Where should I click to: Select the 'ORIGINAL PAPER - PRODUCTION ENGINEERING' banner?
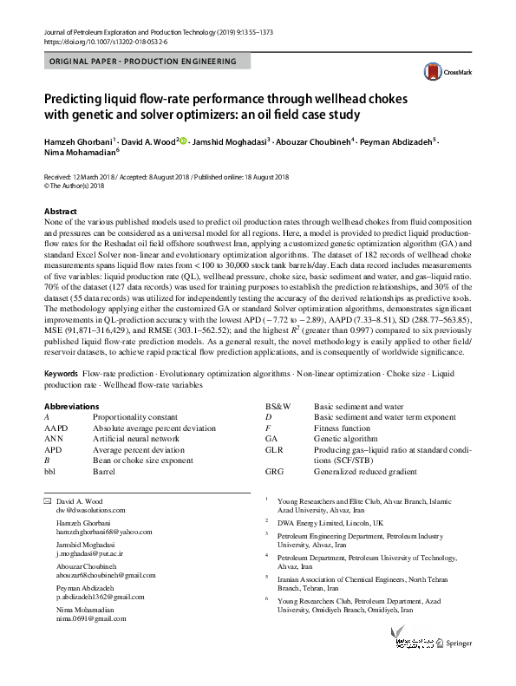point(144,62)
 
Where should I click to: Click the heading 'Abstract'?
point(61,212)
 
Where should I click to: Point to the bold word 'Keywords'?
point(61,373)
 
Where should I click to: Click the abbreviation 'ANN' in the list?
point(54,439)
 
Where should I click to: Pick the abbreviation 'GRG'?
point(273,472)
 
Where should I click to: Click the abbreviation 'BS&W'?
point(278,406)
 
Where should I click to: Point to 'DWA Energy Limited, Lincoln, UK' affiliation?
point(330,524)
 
